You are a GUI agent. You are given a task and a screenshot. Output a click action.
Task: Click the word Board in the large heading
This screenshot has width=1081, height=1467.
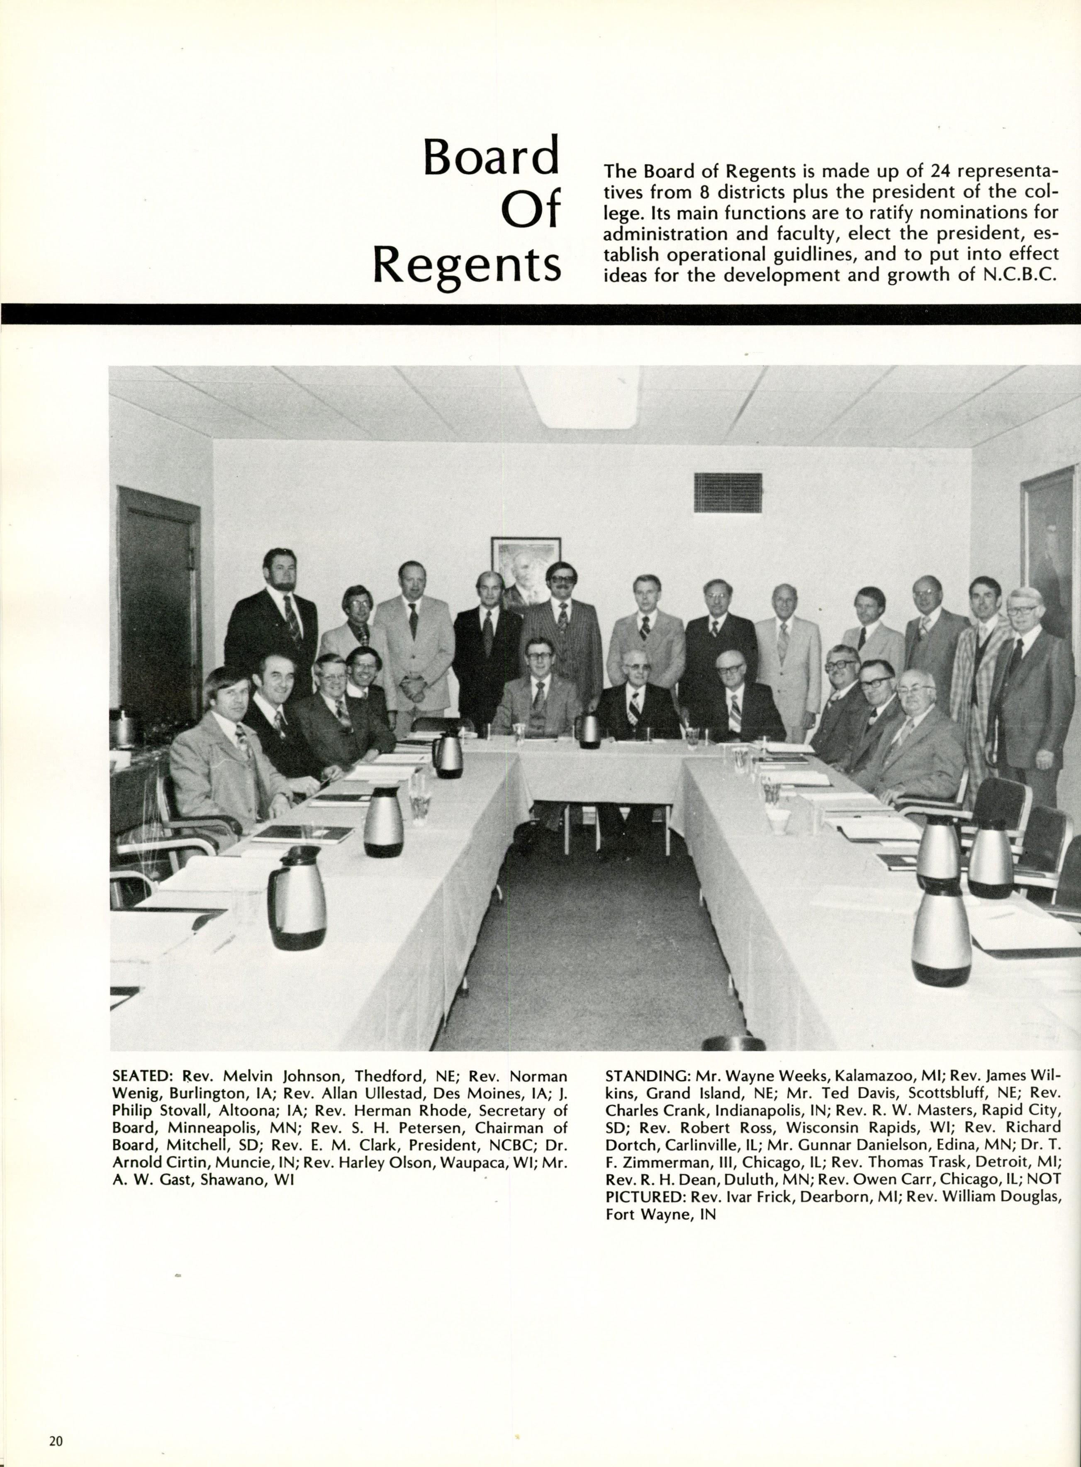pos(491,156)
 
